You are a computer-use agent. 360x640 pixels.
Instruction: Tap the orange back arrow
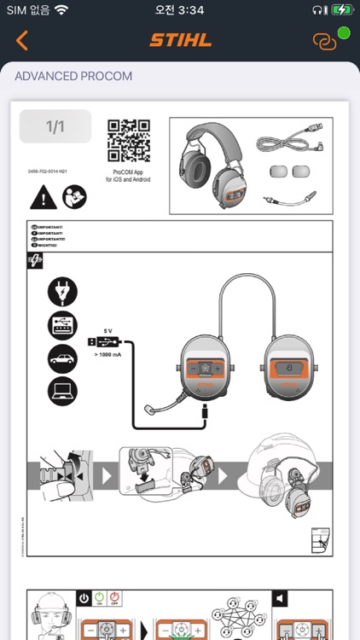pos(22,40)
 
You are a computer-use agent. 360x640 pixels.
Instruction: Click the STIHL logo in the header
pos(180,40)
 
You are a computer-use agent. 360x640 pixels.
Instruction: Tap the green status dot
pos(344,33)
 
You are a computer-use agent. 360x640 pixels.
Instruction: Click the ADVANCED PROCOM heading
pos(73,77)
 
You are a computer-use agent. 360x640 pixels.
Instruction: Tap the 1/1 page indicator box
pos(55,127)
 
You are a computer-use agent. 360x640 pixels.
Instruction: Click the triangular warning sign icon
pos(43,198)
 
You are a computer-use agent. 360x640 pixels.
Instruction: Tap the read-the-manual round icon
pos(74,198)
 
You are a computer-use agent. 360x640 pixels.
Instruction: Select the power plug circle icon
pos(63,292)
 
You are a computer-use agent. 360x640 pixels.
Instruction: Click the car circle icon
pos(63,358)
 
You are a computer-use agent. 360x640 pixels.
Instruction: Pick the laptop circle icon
pos(63,390)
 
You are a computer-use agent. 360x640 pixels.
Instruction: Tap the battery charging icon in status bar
pos(341,9)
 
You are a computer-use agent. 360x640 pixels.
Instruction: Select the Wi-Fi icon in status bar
pos(61,9)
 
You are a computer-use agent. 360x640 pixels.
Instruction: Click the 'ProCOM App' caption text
pos(129,172)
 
